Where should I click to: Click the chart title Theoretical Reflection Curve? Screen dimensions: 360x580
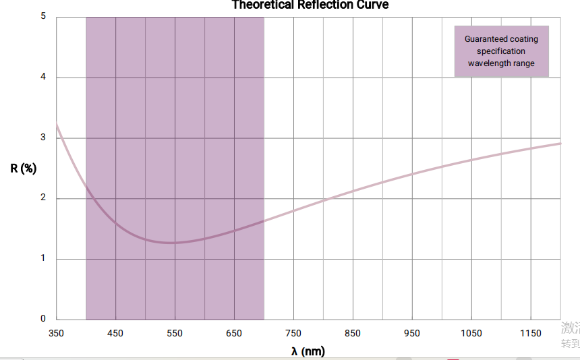coord(310,5)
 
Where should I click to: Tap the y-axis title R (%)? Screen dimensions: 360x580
coord(23,168)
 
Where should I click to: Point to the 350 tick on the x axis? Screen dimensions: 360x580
coord(56,333)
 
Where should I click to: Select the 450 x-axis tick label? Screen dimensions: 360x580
coord(115,333)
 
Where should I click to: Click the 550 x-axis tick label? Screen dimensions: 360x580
coord(175,333)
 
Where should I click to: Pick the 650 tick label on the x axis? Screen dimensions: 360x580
coord(234,333)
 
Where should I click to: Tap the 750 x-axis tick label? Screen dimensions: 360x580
coord(293,333)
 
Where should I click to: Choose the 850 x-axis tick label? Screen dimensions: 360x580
coord(353,333)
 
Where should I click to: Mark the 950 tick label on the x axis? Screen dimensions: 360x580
coord(412,333)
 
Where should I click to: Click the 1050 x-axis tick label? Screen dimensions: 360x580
coord(471,333)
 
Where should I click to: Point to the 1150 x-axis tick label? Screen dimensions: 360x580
coord(531,333)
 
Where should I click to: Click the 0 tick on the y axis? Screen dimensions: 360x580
coord(43,319)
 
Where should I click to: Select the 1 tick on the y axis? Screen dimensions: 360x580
coord(43,258)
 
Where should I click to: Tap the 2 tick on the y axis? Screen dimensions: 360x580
coord(43,198)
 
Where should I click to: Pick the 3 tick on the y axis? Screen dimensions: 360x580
coord(43,138)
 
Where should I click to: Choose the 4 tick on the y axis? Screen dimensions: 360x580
coord(43,77)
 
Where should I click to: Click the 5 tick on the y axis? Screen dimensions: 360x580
coord(43,16)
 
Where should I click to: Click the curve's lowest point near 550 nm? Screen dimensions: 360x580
coord(174,243)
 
